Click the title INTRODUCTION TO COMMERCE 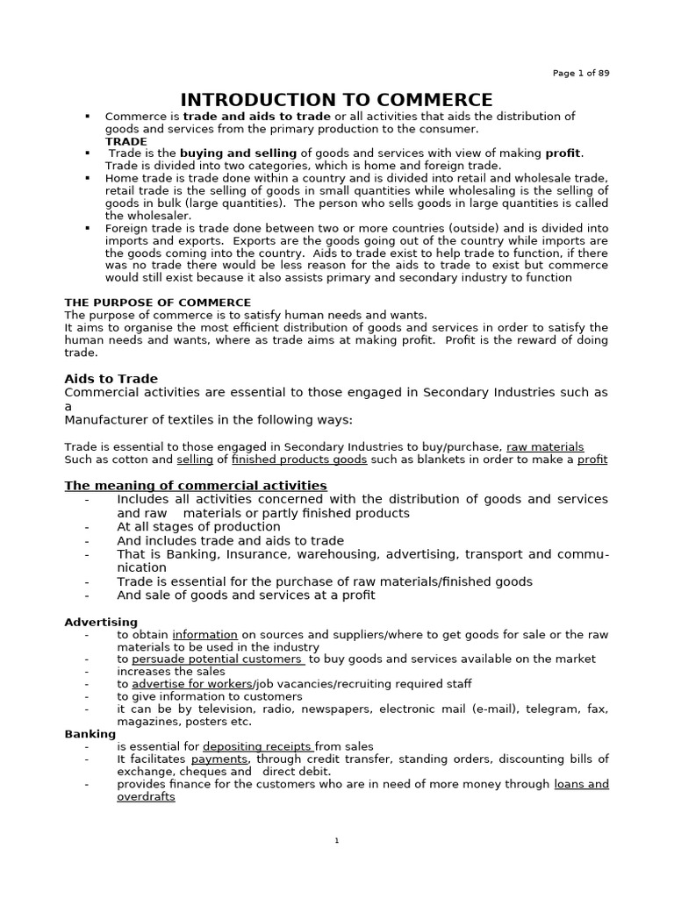pyautogui.click(x=336, y=100)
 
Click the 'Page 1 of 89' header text pyautogui.click(x=581, y=73)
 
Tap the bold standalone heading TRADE pyautogui.click(x=126, y=141)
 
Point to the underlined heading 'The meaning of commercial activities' pyautogui.click(x=196, y=485)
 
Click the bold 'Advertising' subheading pyautogui.click(x=100, y=622)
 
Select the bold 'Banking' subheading pyautogui.click(x=90, y=733)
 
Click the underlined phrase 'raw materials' pyautogui.click(x=545, y=446)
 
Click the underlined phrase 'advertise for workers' pyautogui.click(x=191, y=683)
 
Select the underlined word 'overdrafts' pyautogui.click(x=146, y=796)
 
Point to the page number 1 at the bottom pyautogui.click(x=337, y=841)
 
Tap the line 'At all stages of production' pyautogui.click(x=198, y=527)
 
